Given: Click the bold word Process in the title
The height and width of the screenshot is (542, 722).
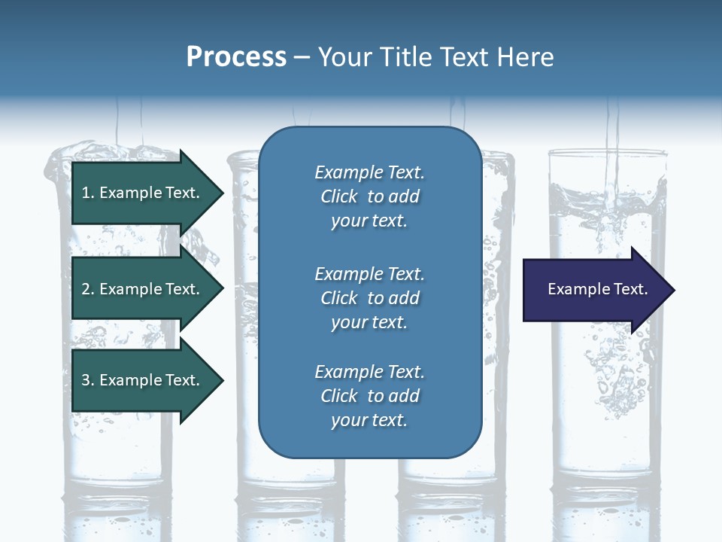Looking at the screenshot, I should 236,57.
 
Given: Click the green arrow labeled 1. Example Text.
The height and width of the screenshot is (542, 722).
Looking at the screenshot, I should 143,193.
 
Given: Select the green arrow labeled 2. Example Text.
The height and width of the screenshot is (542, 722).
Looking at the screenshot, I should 143,289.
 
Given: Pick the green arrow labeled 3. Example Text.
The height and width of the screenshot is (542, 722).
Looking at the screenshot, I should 143,380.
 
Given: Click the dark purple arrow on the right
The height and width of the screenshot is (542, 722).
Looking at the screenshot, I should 594,290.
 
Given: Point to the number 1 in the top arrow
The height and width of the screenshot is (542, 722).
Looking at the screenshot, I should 86,193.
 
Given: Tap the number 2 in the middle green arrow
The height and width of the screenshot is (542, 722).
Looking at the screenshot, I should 86,289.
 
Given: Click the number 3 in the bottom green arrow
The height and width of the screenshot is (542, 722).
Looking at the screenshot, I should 86,380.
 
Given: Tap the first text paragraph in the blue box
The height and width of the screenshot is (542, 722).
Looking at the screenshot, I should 369,196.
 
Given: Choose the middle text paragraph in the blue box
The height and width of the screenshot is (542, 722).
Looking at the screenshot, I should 369,298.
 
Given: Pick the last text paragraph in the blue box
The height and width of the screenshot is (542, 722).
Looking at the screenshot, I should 369,396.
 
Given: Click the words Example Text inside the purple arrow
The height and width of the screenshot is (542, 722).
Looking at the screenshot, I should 597,289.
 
